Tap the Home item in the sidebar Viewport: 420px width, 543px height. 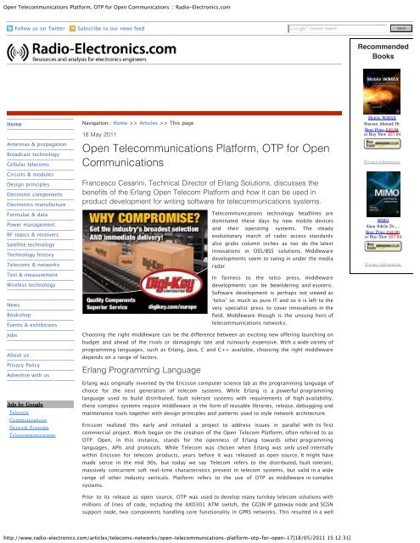coord(15,124)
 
